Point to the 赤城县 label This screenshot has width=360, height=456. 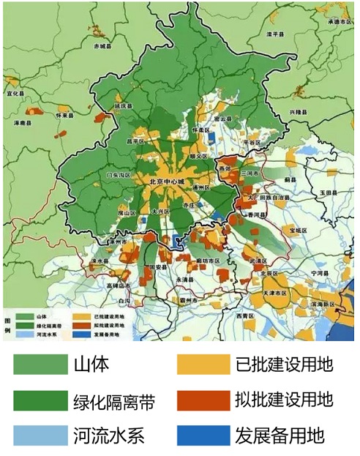pos(105,45)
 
